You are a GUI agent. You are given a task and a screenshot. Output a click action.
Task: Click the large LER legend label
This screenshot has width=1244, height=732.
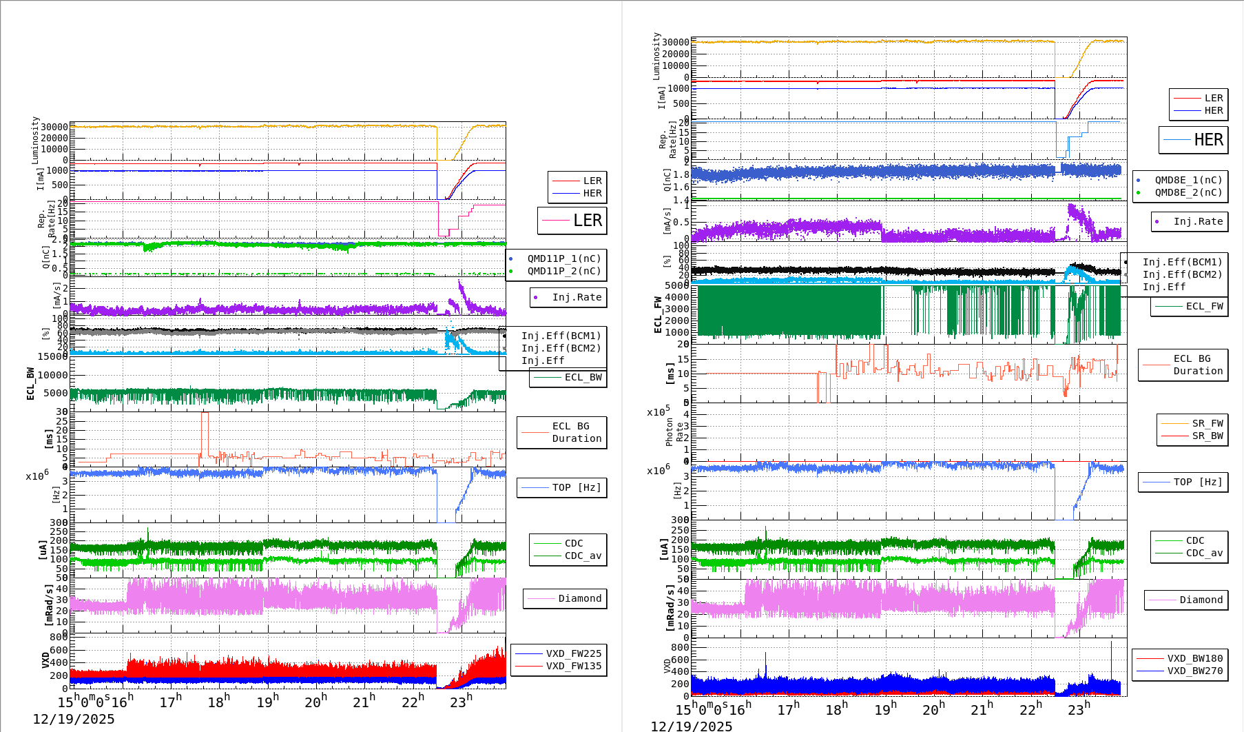click(x=587, y=221)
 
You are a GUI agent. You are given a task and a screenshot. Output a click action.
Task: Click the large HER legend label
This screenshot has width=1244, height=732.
click(x=1208, y=140)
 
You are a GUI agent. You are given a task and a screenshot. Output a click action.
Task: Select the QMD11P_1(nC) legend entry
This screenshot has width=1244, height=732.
click(x=563, y=258)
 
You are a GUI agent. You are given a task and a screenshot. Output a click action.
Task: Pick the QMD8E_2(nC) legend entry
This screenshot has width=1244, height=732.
click(x=1188, y=192)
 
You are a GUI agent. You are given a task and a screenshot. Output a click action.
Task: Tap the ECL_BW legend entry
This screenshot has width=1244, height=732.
click(x=583, y=377)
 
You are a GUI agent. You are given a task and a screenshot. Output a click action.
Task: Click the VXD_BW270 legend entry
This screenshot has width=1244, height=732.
click(x=1194, y=671)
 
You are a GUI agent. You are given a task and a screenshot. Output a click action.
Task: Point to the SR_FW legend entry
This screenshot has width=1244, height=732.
click(x=1207, y=423)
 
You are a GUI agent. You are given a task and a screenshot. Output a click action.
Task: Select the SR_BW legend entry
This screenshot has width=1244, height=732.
click(x=1207, y=436)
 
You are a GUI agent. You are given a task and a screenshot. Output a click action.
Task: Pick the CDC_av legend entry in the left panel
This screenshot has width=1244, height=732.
click(x=583, y=556)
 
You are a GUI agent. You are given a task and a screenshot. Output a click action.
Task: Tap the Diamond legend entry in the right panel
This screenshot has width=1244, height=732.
click(x=1201, y=600)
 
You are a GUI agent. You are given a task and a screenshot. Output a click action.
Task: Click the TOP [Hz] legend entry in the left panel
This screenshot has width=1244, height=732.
click(x=576, y=487)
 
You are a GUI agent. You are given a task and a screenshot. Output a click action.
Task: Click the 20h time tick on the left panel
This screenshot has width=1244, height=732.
click(x=315, y=702)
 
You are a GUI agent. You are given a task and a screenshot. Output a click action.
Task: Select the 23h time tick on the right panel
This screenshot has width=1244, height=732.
click(x=1079, y=709)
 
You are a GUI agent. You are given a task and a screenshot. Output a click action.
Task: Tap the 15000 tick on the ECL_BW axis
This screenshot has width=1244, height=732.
click(x=52, y=356)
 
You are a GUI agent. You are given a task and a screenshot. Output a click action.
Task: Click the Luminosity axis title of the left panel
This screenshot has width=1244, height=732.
click(x=35, y=140)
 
